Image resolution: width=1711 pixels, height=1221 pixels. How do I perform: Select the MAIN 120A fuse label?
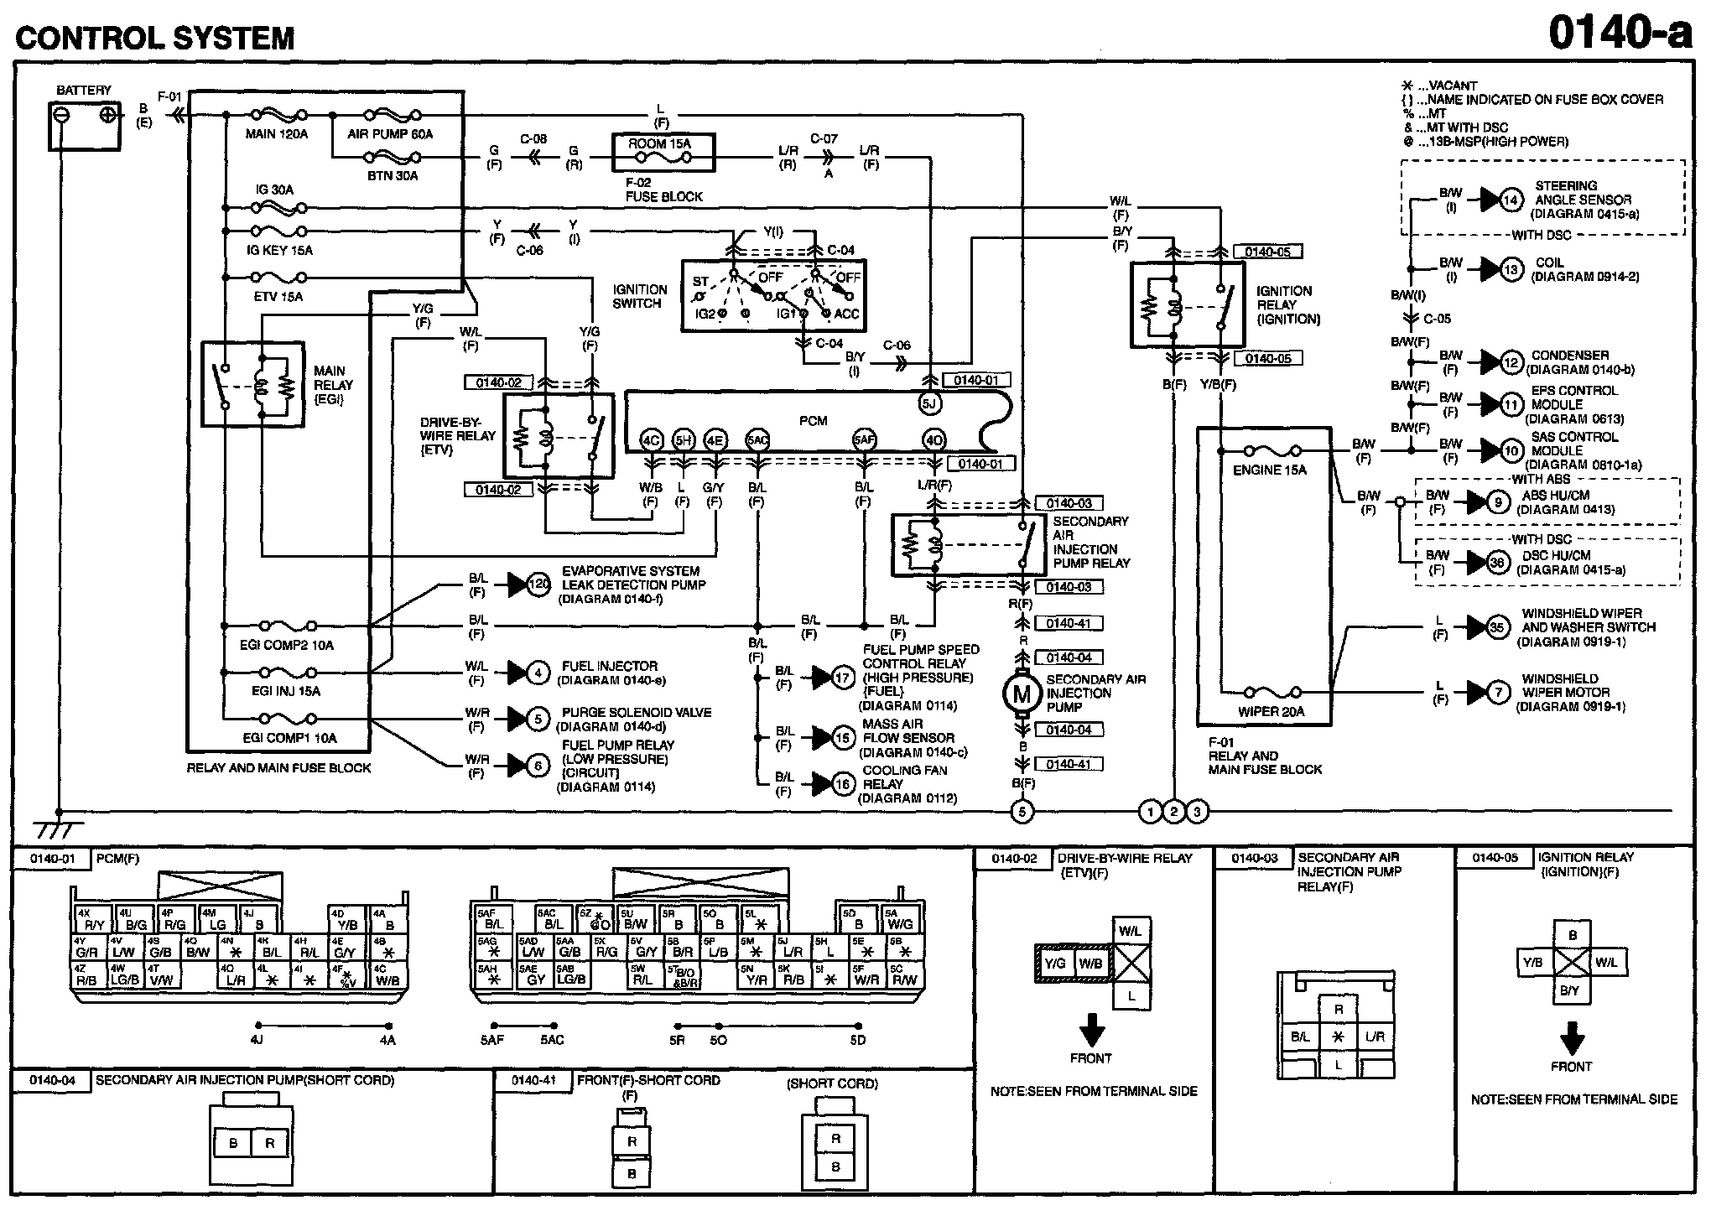click(277, 134)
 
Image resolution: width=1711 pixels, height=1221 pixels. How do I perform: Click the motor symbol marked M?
click(1022, 694)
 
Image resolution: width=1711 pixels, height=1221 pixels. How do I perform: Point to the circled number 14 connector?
click(1511, 200)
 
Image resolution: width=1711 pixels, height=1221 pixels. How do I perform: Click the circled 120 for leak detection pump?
click(539, 585)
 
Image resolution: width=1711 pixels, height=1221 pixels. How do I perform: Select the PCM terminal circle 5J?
click(928, 403)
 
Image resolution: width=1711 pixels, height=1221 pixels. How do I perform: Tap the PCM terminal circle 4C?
click(651, 440)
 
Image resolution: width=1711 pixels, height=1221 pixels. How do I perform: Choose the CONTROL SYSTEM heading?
click(155, 38)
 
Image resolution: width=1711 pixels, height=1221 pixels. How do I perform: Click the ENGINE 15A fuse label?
click(1269, 470)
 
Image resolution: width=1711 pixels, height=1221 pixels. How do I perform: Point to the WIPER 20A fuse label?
click(1271, 712)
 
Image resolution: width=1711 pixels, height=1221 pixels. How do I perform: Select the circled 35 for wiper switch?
click(1498, 627)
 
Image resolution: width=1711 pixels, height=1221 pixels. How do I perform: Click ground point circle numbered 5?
click(1022, 811)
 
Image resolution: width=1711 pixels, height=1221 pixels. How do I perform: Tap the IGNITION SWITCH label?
click(640, 297)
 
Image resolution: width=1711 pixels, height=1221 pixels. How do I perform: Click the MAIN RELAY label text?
click(333, 385)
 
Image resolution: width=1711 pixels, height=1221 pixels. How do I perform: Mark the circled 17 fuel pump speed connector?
click(843, 678)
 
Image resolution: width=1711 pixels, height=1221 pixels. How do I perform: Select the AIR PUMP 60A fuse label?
click(390, 134)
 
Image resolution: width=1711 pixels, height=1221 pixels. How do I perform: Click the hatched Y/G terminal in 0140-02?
click(1055, 964)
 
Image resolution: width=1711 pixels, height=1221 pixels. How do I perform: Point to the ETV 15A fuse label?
click(278, 297)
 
